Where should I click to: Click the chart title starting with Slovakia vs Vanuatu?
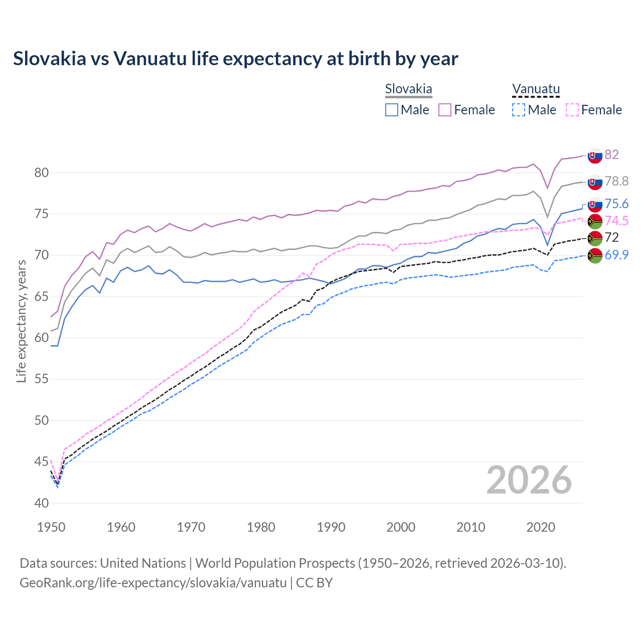(235, 59)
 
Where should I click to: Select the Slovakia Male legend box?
(392, 110)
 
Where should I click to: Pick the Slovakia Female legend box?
(445, 110)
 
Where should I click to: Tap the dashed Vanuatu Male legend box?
(519, 110)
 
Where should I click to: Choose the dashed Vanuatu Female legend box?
(572, 110)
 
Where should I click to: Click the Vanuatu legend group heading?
(536, 89)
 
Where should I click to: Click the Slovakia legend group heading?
(408, 89)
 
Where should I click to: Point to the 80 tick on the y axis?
(42, 173)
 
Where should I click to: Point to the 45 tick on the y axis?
(42, 461)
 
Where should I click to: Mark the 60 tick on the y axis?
(42, 338)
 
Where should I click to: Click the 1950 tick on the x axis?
(51, 527)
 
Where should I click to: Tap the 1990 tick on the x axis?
(331, 527)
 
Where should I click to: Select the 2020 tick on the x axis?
(541, 527)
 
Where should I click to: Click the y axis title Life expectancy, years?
(21, 321)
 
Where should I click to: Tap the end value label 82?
(611, 154)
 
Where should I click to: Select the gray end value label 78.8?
(616, 181)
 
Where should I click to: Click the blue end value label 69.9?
(616, 255)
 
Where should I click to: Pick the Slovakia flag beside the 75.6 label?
(595, 205)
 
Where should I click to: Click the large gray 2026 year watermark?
(529, 480)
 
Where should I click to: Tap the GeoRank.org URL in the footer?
(153, 583)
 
